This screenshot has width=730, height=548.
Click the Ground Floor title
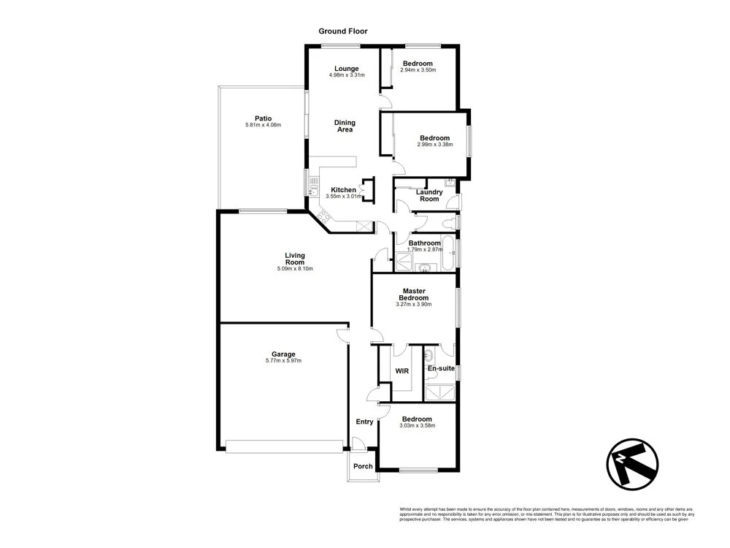[x=343, y=31]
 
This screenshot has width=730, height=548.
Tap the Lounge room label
[x=347, y=69]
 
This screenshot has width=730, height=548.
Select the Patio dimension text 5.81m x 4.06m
[x=264, y=126]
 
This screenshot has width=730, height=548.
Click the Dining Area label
[x=345, y=126]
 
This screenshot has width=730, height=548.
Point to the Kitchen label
[x=343, y=190]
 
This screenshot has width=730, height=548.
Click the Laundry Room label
[x=430, y=196]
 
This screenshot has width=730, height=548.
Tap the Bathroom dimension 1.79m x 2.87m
[x=425, y=250]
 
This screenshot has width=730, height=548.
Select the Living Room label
[x=295, y=259]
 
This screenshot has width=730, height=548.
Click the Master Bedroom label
[x=415, y=294]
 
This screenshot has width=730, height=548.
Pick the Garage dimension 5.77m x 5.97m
[x=284, y=361]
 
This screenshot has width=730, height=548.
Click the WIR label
[x=401, y=371]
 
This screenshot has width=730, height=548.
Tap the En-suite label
[x=442, y=368]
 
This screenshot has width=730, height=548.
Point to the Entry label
[x=364, y=422]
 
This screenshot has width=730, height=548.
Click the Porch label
[x=363, y=466]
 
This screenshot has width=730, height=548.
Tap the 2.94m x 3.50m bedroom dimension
[x=419, y=70]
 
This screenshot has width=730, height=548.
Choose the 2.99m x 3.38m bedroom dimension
[x=435, y=145]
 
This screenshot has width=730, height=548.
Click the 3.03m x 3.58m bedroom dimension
[x=418, y=425]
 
